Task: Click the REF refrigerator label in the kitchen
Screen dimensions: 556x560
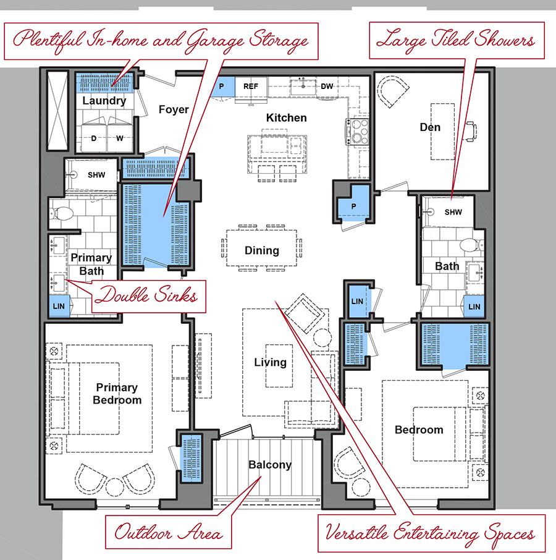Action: [251, 87]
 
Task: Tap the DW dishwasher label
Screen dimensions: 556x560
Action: [327, 87]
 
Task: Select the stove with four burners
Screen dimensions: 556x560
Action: [357, 132]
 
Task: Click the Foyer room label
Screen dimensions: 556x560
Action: [174, 109]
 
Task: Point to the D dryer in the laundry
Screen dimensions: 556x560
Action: [94, 138]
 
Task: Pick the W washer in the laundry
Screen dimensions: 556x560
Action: [120, 138]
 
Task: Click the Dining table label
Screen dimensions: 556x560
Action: [261, 250]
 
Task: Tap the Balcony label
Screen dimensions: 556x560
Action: [270, 464]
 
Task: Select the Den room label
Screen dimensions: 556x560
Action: [430, 127]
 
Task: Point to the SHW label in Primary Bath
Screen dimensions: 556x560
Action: [96, 175]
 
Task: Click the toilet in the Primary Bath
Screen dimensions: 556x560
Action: [62, 214]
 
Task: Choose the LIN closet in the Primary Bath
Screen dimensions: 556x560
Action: [59, 306]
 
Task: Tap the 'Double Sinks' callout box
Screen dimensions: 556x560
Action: [149, 297]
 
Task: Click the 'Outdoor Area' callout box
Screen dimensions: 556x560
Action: [169, 532]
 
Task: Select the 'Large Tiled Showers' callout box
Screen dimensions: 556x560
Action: [457, 40]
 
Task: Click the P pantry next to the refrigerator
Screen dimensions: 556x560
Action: [222, 87]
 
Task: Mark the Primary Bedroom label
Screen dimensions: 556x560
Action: [117, 394]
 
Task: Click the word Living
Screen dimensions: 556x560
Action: [270, 362]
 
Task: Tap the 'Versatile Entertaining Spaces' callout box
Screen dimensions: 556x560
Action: [431, 533]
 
